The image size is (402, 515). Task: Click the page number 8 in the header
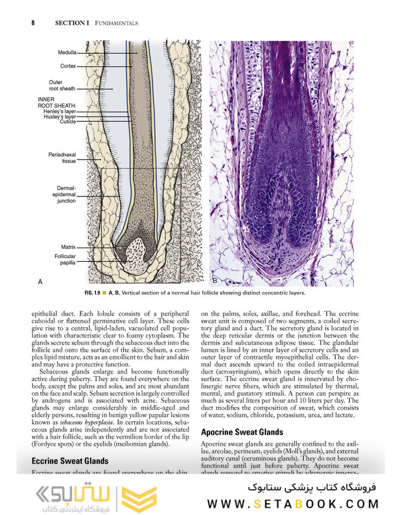[33, 23]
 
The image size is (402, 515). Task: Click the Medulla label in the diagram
[67, 52]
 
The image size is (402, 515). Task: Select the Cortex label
[68, 66]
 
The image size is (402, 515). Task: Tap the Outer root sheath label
[62, 86]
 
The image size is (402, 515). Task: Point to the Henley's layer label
[59, 111]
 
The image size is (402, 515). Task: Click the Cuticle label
[68, 122]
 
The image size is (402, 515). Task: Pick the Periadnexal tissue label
[62, 158]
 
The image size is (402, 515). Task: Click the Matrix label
[68, 247]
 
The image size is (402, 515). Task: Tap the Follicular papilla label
[65, 260]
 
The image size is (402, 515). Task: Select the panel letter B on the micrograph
[215, 280]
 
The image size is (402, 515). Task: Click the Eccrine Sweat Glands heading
[70, 461]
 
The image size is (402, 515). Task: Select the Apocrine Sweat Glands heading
[242, 432]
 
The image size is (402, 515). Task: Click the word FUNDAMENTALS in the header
[116, 23]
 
